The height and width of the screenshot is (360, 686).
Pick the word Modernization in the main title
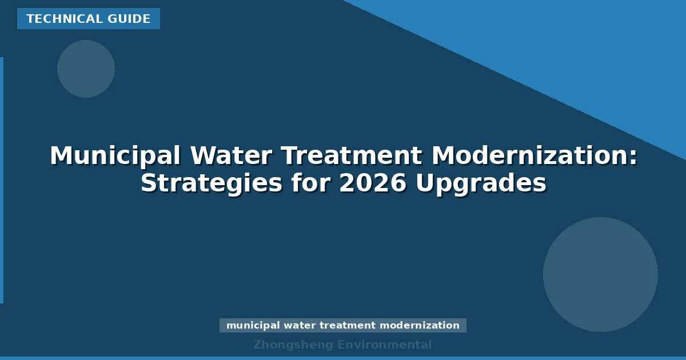click(535, 156)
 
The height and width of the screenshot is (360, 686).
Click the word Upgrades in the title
click(481, 183)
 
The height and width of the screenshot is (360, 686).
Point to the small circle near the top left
click(86, 69)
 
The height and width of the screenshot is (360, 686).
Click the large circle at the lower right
click(600, 274)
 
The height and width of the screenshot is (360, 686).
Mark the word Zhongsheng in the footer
click(292, 345)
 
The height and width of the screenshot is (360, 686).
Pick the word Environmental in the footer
click(385, 345)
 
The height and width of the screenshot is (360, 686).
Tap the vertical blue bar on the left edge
click(2, 180)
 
